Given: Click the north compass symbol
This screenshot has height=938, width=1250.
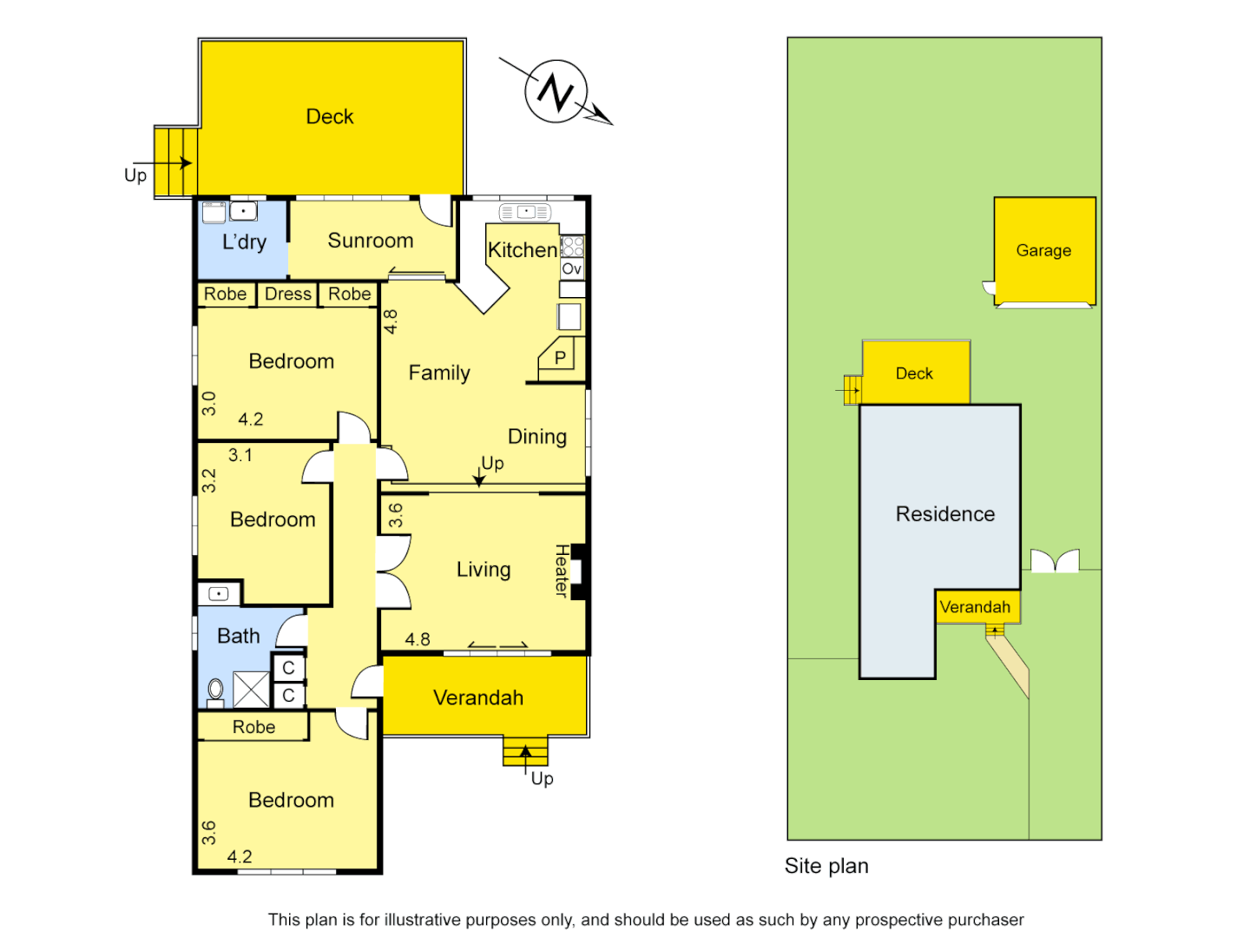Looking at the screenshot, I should click(x=556, y=91).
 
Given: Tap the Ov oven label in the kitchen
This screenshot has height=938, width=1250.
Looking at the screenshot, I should click(x=571, y=269).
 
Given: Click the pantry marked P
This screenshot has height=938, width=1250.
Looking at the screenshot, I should click(x=560, y=357).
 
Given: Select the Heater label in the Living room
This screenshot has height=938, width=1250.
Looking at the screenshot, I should click(x=562, y=571).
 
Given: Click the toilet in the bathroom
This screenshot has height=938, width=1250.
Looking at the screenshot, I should click(x=215, y=691).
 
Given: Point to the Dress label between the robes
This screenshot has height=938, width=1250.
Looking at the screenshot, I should click(x=287, y=294).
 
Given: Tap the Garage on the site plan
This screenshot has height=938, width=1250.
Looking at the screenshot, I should click(x=1043, y=251).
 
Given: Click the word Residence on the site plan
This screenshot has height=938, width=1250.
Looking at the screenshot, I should click(x=944, y=514).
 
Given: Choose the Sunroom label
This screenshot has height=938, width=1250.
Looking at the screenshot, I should click(x=370, y=241).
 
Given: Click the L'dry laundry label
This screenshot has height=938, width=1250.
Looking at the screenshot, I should click(x=244, y=242).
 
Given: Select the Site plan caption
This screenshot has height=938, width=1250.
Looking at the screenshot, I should click(x=826, y=866).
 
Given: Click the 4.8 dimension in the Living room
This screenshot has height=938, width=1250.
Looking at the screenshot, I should click(x=418, y=639).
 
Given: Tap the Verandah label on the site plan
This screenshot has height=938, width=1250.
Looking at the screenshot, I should click(x=975, y=607).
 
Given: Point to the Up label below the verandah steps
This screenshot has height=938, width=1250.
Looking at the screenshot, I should click(x=542, y=778).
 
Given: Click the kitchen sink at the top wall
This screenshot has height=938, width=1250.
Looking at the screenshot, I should click(x=525, y=212).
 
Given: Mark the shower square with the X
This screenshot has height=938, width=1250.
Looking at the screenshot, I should click(x=252, y=690).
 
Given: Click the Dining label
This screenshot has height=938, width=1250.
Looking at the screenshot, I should click(x=537, y=437).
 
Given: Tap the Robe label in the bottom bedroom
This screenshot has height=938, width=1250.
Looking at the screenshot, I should click(x=253, y=727).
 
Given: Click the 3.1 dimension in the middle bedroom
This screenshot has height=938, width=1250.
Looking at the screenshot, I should click(x=240, y=455).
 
